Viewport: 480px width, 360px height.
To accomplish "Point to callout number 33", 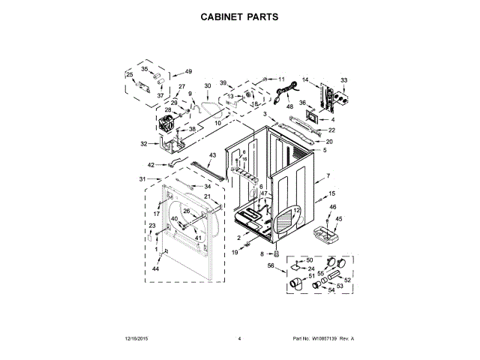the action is click(x=344, y=80).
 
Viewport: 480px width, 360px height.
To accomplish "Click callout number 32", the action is click(x=144, y=144).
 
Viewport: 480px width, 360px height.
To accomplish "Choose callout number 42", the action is click(x=151, y=164).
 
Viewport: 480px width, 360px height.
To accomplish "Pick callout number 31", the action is click(x=143, y=178).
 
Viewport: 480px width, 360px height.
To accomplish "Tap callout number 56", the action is click(x=271, y=265).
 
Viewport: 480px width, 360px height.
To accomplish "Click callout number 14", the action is click(x=305, y=80).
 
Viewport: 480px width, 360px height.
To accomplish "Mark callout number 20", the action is click(x=328, y=142).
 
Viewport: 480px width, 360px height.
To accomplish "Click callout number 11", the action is click(x=281, y=79).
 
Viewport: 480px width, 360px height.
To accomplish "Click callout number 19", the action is click(x=234, y=253).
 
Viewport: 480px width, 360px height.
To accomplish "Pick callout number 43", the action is click(x=212, y=155).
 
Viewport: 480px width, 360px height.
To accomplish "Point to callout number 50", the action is click(x=309, y=259).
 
